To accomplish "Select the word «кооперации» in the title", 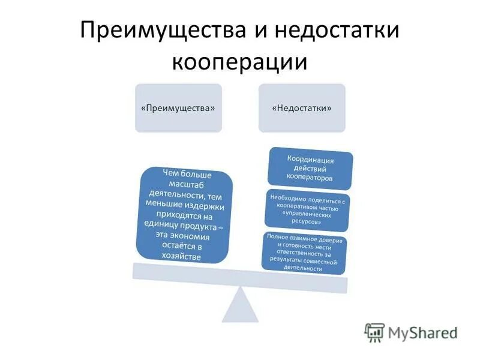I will click(x=239, y=61).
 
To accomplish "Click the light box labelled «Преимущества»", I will click(x=178, y=108).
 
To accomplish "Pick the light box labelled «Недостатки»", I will click(x=302, y=108).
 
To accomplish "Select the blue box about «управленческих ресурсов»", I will click(x=307, y=210).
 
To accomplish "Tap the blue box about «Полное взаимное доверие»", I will click(x=305, y=253).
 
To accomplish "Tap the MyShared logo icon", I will click(x=374, y=332).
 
